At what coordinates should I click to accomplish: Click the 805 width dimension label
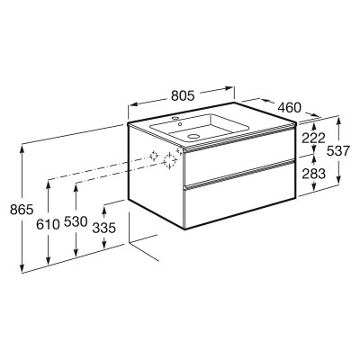[x=183, y=95]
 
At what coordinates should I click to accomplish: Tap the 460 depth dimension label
[x=289, y=107]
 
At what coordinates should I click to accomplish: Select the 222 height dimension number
[x=313, y=139]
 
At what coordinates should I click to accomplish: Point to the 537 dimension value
[x=338, y=151]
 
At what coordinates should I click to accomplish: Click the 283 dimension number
[x=313, y=174]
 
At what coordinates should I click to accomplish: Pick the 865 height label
[x=22, y=209]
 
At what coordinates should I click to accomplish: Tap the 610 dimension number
[x=48, y=224]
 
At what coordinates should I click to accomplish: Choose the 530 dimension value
[x=76, y=221]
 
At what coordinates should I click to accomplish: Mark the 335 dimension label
[x=103, y=229]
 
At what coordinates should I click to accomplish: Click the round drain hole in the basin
[x=193, y=137]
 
